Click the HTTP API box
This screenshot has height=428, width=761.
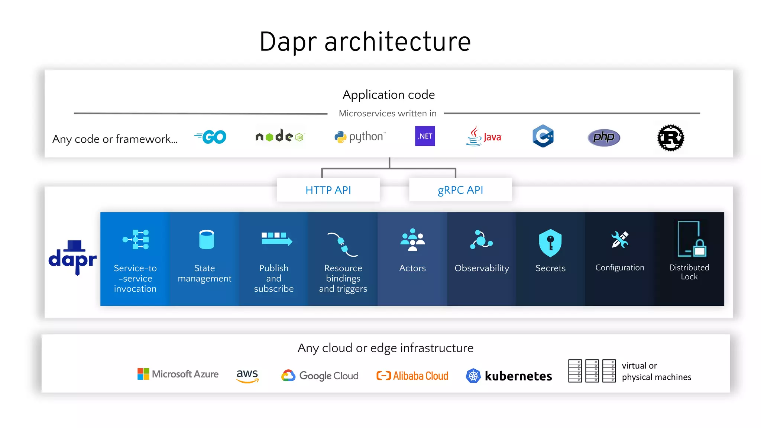328,190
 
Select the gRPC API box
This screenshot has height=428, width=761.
460,190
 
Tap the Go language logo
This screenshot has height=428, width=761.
211,137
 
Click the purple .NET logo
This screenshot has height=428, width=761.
425,136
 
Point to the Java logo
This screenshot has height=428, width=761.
483,137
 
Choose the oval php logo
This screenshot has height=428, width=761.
604,137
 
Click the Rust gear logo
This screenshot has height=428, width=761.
671,138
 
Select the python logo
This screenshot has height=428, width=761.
360,137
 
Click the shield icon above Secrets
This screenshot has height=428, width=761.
550,243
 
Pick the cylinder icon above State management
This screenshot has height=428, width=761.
206,240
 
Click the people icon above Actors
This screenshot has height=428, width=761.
412,240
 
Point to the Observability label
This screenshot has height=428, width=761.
482,268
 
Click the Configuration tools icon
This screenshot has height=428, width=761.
619,240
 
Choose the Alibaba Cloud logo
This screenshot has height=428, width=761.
412,376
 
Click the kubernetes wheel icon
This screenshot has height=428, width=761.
473,376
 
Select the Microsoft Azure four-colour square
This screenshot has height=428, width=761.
143,374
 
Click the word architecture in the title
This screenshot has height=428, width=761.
398,42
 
